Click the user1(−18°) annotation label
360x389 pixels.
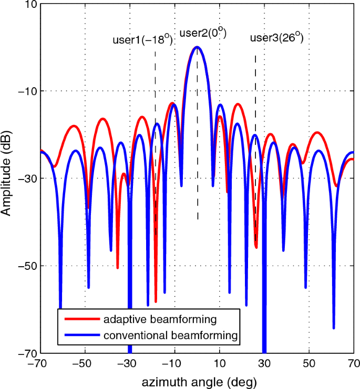(142, 40)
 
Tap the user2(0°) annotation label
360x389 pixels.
(203, 34)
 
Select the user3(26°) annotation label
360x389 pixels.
(276, 38)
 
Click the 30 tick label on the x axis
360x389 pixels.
(264, 363)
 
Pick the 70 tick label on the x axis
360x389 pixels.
(353, 363)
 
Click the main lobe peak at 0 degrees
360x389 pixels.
(197, 47)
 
